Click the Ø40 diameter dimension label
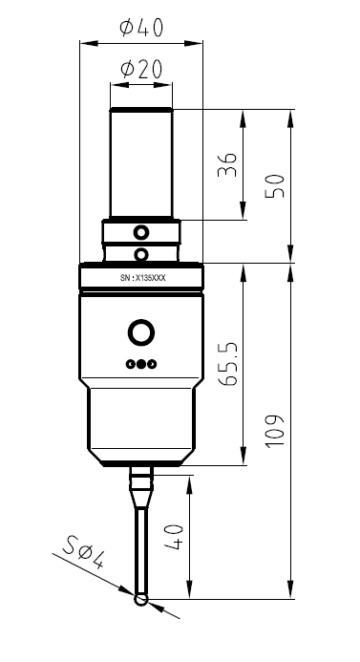[x=141, y=29]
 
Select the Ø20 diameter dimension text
[x=141, y=71]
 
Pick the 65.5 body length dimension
[x=226, y=365]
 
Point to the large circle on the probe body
[x=141, y=332]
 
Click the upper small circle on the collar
[x=141, y=232]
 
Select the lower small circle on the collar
[x=141, y=253]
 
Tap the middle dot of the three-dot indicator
[x=141, y=364]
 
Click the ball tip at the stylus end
[x=141, y=600]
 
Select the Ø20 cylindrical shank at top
[x=141, y=162]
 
